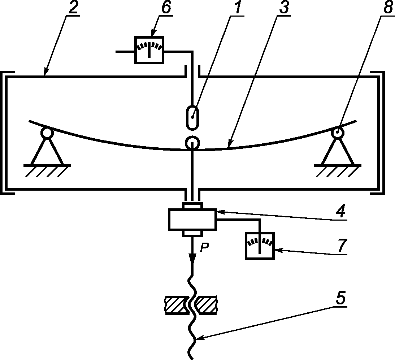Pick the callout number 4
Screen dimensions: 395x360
(340, 211)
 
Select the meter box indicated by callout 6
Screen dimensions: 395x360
(149, 50)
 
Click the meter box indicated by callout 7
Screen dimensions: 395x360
(260, 246)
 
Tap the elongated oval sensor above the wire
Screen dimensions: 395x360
(192, 118)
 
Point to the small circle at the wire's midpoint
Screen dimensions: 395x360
(192, 143)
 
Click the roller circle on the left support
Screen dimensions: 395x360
(47, 133)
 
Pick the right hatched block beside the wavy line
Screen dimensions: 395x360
(207, 305)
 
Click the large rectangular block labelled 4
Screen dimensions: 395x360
(192, 220)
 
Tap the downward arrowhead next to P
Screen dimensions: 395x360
(192, 257)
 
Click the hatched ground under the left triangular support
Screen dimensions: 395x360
(47, 171)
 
